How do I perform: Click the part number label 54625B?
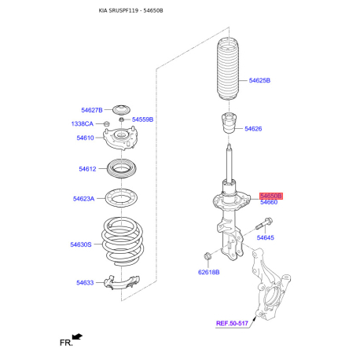(259, 81)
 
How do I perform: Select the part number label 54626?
(253, 129)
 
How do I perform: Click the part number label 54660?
(269, 203)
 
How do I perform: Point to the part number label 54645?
(265, 237)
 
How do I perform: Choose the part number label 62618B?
(209, 272)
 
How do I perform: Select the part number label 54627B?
(92, 110)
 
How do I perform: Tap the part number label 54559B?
(142, 119)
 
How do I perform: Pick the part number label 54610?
(85, 138)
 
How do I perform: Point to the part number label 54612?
(86, 169)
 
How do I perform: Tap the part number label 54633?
(85, 283)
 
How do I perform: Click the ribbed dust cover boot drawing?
(227, 78)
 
